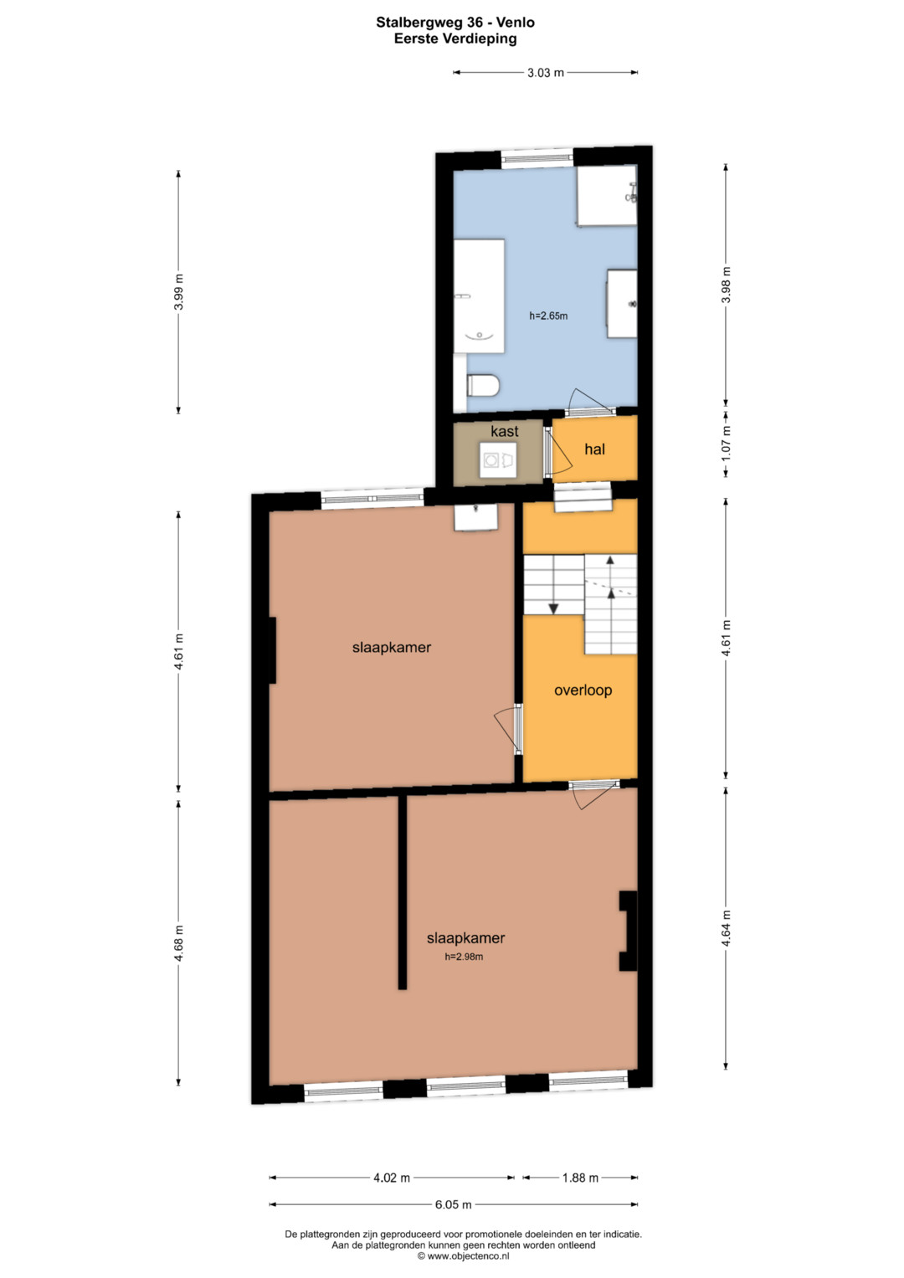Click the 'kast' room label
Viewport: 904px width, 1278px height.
505,431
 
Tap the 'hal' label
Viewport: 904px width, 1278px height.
594,449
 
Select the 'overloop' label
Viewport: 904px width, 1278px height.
583,690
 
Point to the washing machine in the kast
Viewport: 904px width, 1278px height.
498,459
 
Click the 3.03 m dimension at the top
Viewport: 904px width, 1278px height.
545,73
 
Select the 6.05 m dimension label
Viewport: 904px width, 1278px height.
453,1204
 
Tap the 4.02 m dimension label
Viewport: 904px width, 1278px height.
392,1178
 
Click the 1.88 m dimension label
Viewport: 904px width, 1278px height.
580,1178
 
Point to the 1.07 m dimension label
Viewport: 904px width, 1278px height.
726,444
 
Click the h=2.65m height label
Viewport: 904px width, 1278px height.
548,316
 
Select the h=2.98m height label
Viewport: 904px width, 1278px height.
464,957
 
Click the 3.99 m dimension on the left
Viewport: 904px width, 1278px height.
178,291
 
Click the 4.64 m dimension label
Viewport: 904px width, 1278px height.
726,927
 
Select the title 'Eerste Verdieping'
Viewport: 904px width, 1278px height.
455,38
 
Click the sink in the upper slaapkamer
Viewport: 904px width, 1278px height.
476,517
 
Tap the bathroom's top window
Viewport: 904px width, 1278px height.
537,159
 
